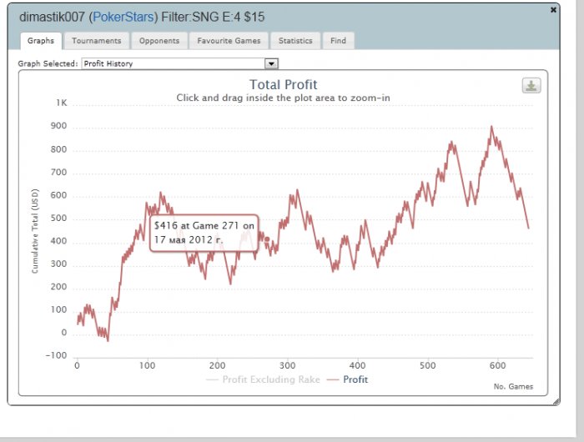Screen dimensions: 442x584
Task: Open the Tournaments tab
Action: (97, 40)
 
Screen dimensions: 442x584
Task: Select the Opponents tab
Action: (158, 40)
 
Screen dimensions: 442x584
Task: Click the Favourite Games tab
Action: (229, 40)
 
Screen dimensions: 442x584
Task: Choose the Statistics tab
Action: (295, 40)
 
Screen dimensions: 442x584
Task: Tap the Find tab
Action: (338, 40)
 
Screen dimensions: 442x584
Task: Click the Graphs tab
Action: (40, 40)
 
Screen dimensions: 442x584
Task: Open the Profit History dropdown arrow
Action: (270, 63)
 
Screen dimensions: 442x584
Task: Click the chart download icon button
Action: (531, 85)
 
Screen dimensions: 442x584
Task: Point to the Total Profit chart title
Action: (284, 84)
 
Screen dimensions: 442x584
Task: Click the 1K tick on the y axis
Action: (62, 103)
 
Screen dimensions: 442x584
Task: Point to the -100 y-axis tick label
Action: (57, 356)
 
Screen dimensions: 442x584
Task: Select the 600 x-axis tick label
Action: (498, 365)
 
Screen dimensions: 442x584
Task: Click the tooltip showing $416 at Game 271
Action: (204, 232)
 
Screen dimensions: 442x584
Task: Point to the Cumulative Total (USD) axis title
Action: (35, 229)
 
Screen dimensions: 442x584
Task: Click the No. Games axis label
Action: (514, 386)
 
